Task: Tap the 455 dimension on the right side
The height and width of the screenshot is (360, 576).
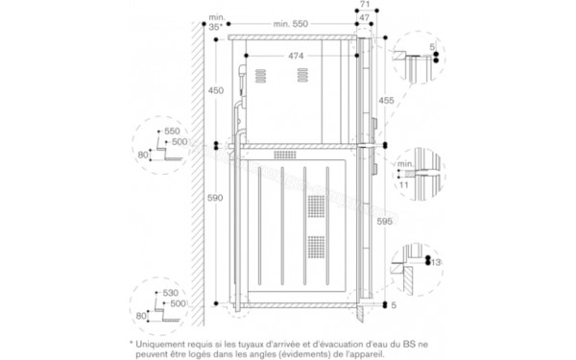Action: [384, 99]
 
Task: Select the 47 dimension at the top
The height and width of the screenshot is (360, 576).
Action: [366, 16]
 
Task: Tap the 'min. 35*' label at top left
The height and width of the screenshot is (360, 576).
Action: [217, 22]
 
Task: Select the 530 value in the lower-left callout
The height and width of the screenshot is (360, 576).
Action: [173, 291]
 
